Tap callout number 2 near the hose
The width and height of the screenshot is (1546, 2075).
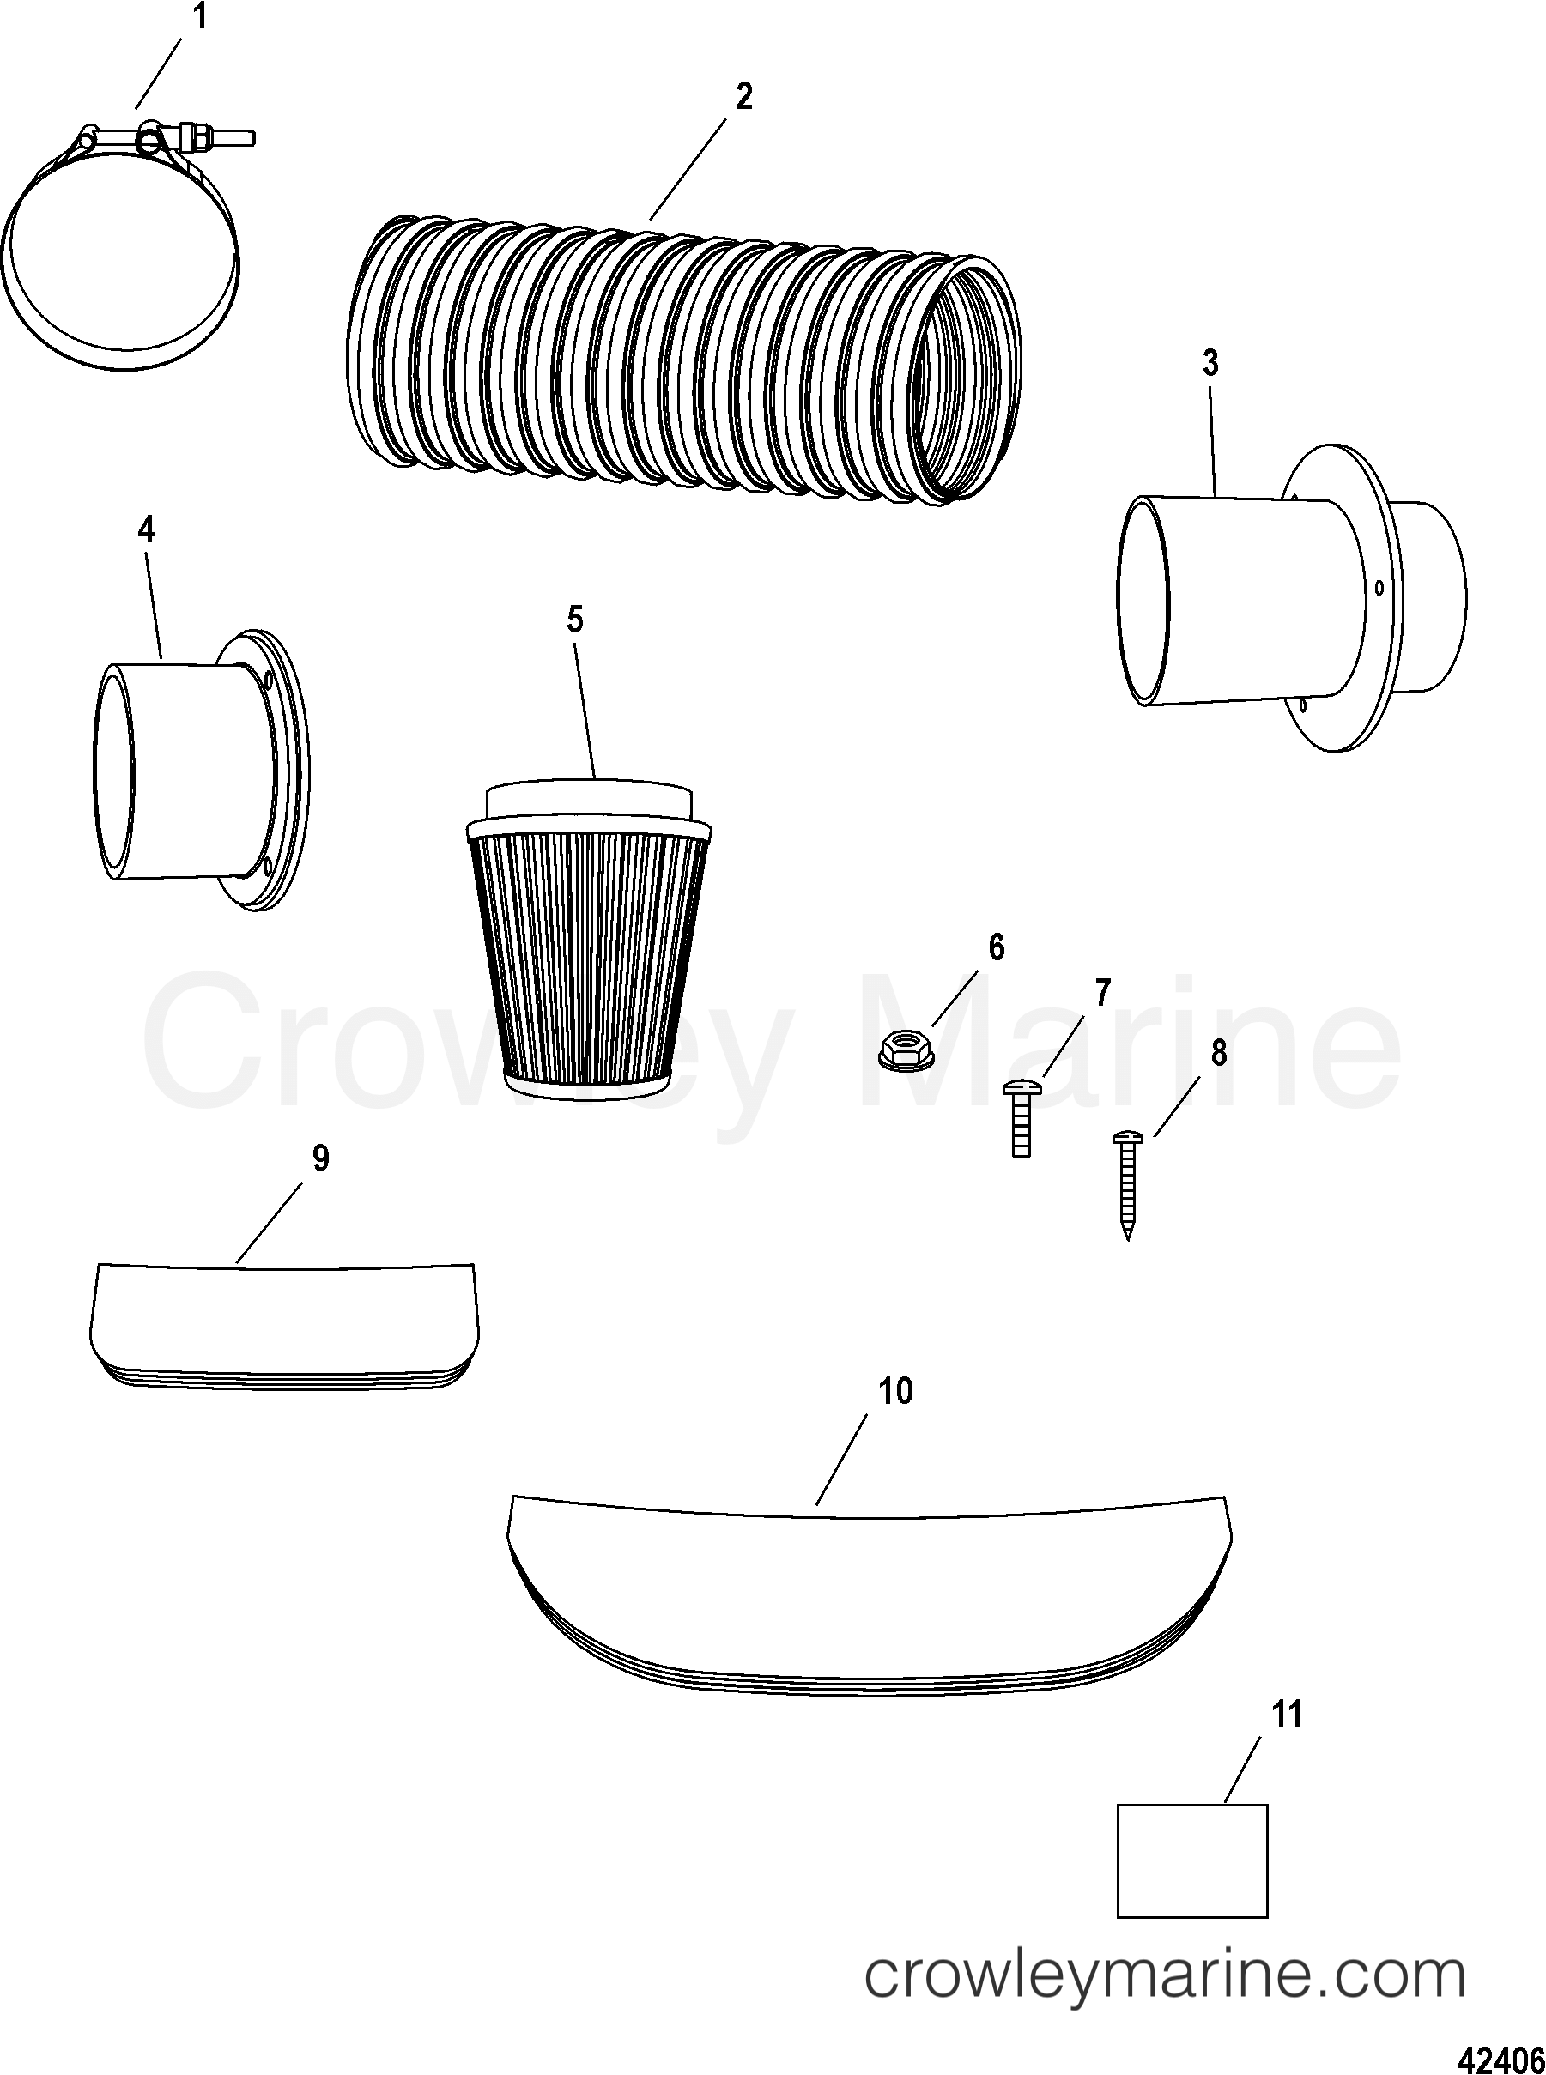click(x=743, y=96)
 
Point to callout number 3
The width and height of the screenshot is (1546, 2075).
click(x=1210, y=363)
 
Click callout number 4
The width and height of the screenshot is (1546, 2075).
click(x=146, y=530)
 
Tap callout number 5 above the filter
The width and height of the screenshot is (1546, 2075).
click(x=574, y=620)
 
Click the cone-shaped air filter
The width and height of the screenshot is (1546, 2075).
click(x=585, y=945)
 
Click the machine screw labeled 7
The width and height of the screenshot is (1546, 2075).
click(x=1020, y=1117)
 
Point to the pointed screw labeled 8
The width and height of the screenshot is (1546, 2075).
click(x=1128, y=1183)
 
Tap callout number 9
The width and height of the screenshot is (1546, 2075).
click(x=320, y=1159)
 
